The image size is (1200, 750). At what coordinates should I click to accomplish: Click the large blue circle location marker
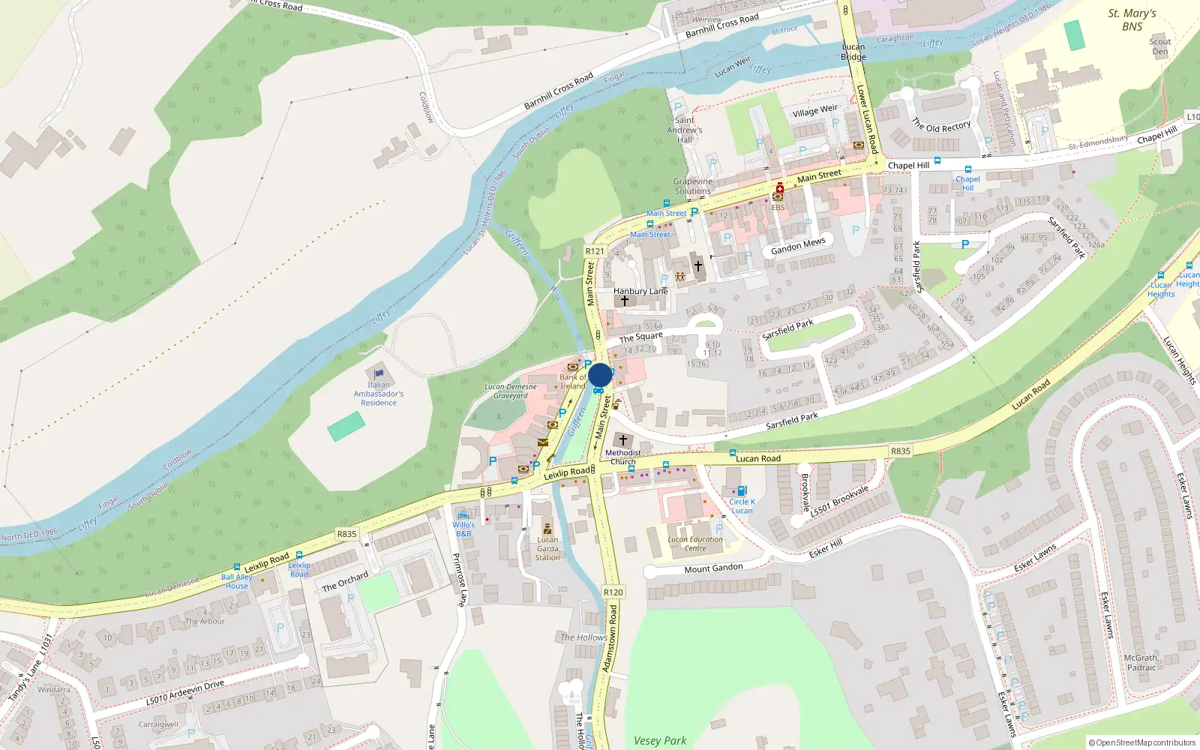click(600, 375)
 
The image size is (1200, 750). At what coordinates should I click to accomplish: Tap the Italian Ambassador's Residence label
click(379, 394)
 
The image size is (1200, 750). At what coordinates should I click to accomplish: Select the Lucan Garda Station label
click(547, 548)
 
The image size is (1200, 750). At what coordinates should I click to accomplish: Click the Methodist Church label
click(622, 457)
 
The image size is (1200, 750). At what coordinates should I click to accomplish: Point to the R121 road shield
click(595, 251)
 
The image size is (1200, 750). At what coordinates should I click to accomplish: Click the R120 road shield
click(613, 592)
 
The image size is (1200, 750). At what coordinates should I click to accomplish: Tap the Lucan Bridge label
click(853, 52)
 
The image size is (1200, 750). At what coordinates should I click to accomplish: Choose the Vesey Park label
click(660, 740)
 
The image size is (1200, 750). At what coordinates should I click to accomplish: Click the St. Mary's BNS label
click(1132, 20)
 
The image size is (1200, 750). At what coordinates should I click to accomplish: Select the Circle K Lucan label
click(742, 506)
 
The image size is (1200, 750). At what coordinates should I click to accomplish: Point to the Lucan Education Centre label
click(695, 544)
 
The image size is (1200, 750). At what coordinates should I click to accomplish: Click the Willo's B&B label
click(463, 529)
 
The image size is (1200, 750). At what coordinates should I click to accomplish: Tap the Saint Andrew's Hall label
click(685, 130)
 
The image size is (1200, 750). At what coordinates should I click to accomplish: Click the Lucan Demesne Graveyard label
click(511, 391)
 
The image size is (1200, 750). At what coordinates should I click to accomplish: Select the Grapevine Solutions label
click(692, 186)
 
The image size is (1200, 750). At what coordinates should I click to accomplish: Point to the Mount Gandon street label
click(713, 568)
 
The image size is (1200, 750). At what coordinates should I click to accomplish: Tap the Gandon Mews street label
click(798, 246)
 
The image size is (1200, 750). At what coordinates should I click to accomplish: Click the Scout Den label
click(1160, 46)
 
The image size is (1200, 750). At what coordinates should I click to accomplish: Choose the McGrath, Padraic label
click(1141, 662)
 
